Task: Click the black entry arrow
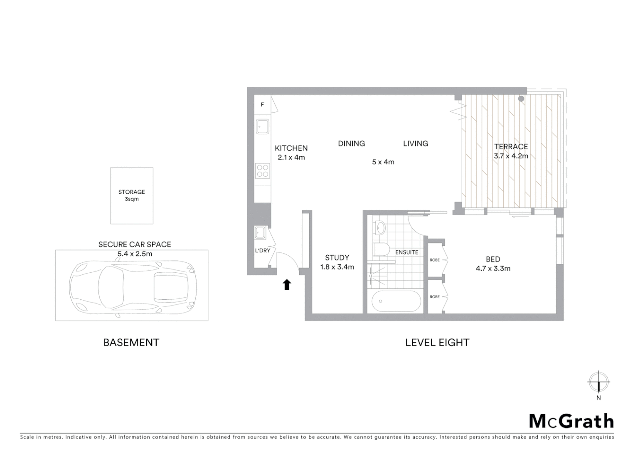[287, 284]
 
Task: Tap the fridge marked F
[262, 105]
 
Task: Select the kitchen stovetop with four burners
[263, 170]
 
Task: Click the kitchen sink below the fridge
[263, 126]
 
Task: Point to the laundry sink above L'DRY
[261, 233]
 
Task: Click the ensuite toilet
[381, 249]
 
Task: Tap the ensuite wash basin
[380, 228]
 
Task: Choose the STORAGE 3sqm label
[132, 195]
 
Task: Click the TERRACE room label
[511, 147]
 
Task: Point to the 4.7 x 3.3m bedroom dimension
[493, 269]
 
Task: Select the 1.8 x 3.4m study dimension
[337, 267]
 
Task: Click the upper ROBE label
[435, 260]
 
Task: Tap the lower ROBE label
[435, 297]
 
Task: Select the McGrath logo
[571, 421]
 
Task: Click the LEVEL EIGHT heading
[437, 343]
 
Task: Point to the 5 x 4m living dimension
[383, 162]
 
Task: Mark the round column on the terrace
[521, 99]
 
